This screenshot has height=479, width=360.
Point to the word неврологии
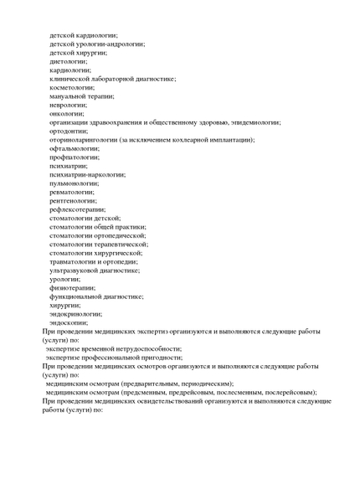pyautogui.click(x=69, y=105)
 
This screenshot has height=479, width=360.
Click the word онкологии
pyautogui.click(x=67, y=113)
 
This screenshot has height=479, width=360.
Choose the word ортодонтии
pyautogui.click(x=69, y=131)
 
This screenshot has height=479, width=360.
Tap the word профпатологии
pyautogui.click(x=74, y=157)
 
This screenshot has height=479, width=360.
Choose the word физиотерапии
pyautogui.click(x=72, y=287)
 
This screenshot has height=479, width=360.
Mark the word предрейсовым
pyautogui.click(x=193, y=392)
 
